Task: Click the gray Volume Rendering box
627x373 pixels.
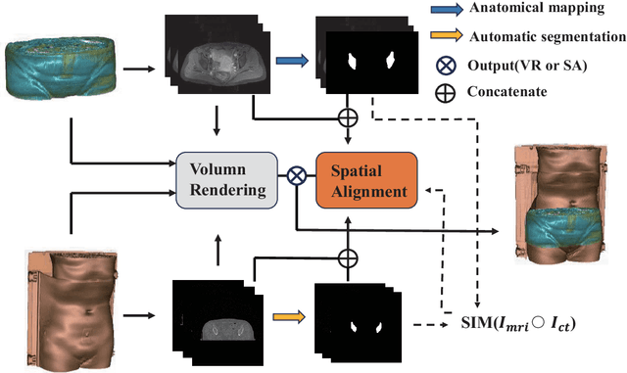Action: tap(223, 179)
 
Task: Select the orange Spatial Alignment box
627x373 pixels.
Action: tap(365, 180)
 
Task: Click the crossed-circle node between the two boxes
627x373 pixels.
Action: tap(297, 177)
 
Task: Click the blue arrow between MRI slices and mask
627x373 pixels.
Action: tap(290, 60)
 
